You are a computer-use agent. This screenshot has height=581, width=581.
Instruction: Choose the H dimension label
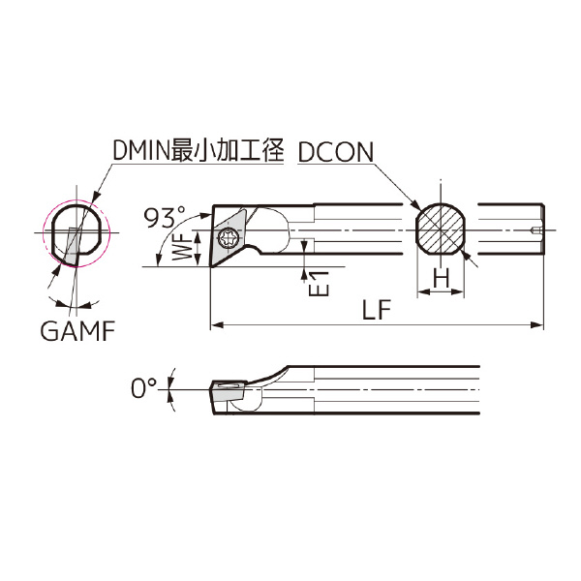coord(442,279)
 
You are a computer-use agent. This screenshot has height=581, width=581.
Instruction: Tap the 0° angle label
coord(142,388)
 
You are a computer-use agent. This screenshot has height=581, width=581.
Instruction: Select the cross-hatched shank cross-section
coord(441,231)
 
